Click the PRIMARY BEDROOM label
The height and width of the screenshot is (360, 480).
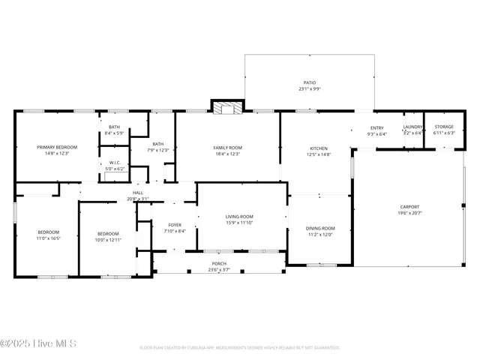pos(58,147)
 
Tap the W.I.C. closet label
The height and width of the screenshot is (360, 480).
pos(115,162)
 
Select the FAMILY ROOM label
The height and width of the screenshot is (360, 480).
pos(227,148)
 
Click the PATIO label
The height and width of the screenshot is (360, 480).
pos(310,83)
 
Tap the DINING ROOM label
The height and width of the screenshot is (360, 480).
pos(320,228)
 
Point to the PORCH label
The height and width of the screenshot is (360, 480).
pos(219,264)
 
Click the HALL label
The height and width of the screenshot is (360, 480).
pos(138,193)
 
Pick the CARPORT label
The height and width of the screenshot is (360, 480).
pos(409,207)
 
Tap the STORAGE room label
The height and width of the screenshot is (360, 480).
pos(445,127)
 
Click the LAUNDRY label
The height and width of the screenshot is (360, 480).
pos(413,127)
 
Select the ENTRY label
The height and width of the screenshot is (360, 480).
pos(377,128)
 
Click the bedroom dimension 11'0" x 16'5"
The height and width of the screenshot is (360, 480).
pos(48,238)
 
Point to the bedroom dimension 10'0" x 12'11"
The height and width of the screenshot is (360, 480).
pos(108,239)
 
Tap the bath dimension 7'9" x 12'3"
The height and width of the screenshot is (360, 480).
pos(158,150)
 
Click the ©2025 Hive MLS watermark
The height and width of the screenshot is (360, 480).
pos(39,344)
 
